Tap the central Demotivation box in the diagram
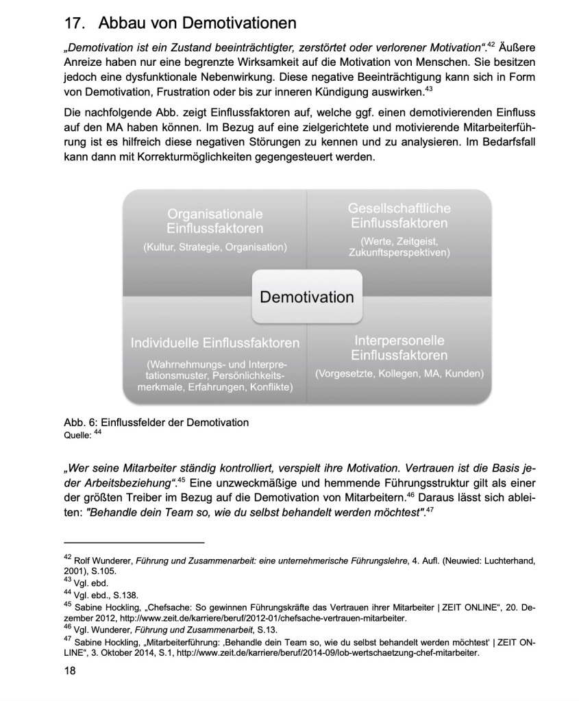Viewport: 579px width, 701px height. tap(306, 296)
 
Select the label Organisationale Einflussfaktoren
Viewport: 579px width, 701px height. tap(214, 221)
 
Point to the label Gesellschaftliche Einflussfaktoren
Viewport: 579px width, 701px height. tap(399, 215)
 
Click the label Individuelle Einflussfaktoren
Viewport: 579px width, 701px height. tap(214, 343)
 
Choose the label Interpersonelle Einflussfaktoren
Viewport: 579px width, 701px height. tap(399, 348)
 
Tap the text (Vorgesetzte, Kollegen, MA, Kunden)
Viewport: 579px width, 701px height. tap(399, 374)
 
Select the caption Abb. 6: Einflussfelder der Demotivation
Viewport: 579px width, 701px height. tap(156, 422)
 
